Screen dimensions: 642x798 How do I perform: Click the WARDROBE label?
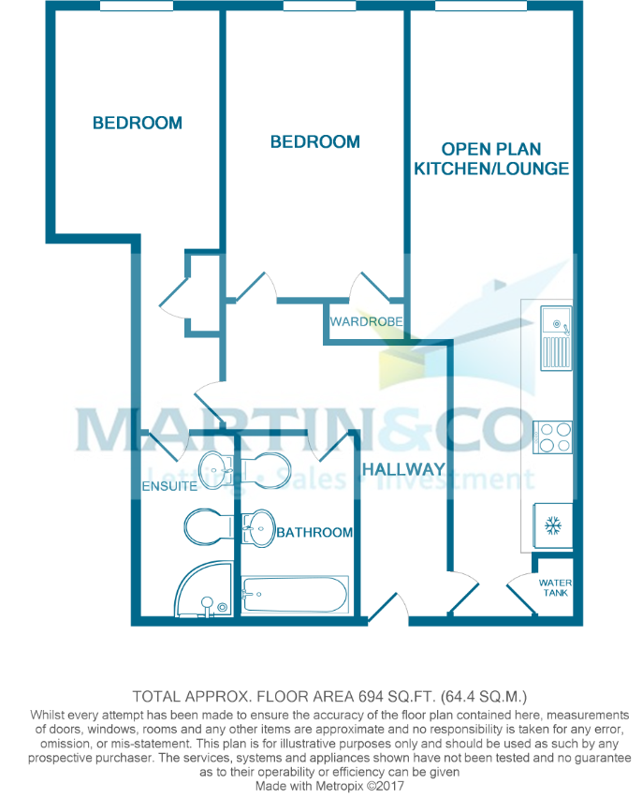(x=366, y=321)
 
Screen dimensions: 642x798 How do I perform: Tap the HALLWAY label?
(x=404, y=469)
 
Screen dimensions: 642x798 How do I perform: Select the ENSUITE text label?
(x=169, y=486)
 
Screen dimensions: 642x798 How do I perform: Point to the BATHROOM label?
(x=314, y=532)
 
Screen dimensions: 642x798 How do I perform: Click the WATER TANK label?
(x=555, y=588)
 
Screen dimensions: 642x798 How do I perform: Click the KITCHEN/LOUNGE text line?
(x=491, y=169)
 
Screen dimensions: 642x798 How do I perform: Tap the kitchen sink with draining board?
(x=556, y=338)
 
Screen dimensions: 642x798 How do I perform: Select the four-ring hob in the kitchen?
(x=552, y=437)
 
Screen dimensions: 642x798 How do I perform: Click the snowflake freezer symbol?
(x=552, y=525)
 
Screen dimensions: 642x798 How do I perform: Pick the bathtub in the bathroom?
(x=295, y=595)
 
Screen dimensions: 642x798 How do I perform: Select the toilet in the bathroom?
(x=265, y=468)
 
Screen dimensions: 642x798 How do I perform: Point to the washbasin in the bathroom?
(x=258, y=527)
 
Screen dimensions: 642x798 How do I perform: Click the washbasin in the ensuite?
(x=215, y=469)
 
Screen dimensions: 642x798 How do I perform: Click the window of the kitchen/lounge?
(x=481, y=6)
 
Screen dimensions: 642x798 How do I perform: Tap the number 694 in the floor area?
(x=371, y=696)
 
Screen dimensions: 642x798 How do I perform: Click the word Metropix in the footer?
(x=340, y=786)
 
